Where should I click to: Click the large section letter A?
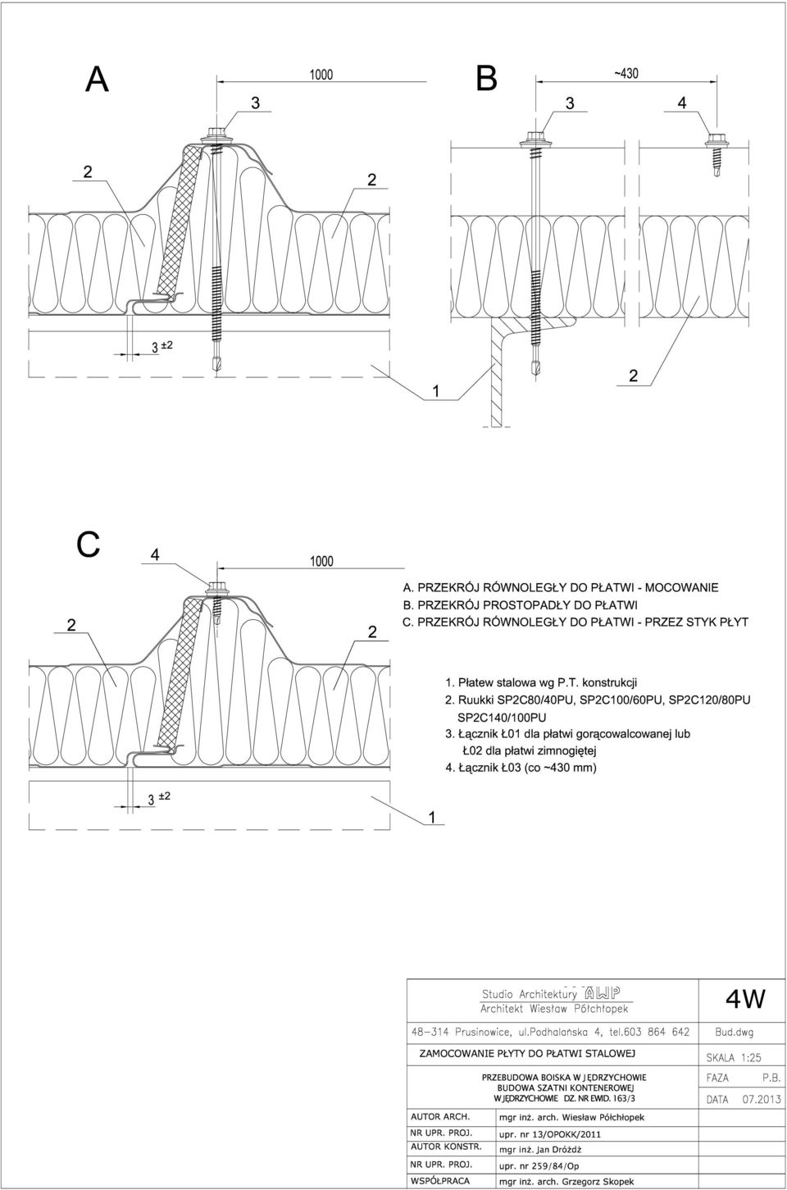(x=98, y=80)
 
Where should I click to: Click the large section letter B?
(x=486, y=79)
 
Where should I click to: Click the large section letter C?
(x=89, y=545)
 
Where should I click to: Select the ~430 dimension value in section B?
(x=626, y=73)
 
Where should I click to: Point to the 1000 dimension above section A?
(x=321, y=75)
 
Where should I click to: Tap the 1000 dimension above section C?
(x=321, y=562)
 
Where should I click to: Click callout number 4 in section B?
(x=682, y=103)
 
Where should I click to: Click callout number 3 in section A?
(x=256, y=103)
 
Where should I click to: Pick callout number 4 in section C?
(x=155, y=554)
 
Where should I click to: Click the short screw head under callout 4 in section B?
(x=716, y=141)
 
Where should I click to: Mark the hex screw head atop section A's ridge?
(x=216, y=135)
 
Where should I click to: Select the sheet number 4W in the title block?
(x=745, y=998)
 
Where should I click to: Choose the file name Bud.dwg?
(x=734, y=1033)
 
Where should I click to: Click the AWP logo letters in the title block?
(x=601, y=992)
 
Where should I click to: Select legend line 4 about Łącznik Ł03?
(x=521, y=768)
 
